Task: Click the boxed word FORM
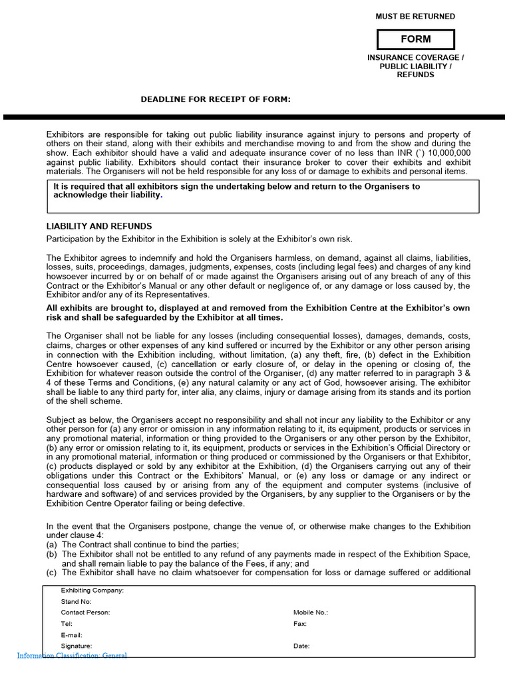(415, 39)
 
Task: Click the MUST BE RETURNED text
(415, 17)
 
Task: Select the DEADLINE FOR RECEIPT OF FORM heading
(216, 100)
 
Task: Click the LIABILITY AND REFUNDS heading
(99, 226)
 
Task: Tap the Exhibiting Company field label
(92, 591)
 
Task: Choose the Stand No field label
(76, 602)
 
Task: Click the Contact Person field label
(85, 613)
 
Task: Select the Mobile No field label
(311, 613)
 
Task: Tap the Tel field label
(67, 624)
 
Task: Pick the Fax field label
(299, 624)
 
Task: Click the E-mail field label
(71, 635)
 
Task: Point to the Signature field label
(77, 646)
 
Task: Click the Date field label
(301, 646)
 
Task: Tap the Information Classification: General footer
(72, 656)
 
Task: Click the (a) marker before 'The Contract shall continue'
(51, 545)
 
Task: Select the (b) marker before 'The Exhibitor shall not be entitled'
(51, 554)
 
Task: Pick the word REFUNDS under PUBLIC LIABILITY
(415, 74)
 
